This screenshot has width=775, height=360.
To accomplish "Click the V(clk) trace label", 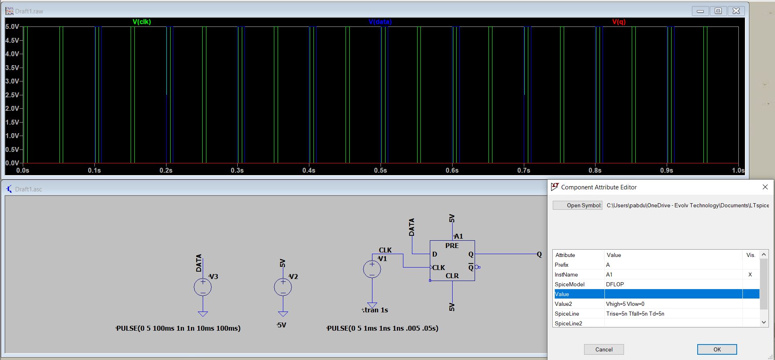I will [x=142, y=22].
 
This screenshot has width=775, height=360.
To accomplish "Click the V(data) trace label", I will [x=380, y=22].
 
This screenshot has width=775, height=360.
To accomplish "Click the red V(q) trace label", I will [x=618, y=22].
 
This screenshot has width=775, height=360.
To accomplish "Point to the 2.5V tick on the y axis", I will [x=12, y=95].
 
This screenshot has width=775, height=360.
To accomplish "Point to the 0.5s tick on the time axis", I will [x=381, y=170].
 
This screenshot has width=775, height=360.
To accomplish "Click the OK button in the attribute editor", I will [x=716, y=349].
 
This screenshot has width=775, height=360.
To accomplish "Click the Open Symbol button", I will [x=578, y=205].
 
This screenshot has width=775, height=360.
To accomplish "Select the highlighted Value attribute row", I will [x=655, y=294].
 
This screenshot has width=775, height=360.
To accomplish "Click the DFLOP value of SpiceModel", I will [x=615, y=284].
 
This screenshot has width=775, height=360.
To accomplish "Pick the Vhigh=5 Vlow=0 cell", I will [x=625, y=304].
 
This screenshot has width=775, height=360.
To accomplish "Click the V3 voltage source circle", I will [x=203, y=287].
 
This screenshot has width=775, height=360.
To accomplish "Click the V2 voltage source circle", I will [x=283, y=287].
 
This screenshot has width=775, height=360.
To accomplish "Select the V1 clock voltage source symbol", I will [x=372, y=269].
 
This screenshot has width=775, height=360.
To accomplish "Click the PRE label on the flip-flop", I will [x=452, y=246].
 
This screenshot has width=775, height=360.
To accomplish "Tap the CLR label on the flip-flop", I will [x=452, y=276].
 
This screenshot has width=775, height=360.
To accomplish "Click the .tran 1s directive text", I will [x=375, y=310].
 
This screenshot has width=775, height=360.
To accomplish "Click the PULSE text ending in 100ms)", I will [x=178, y=328].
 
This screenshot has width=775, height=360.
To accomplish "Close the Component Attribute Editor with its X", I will [x=765, y=187].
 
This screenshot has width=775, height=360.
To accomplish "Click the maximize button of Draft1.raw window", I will [x=718, y=11].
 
